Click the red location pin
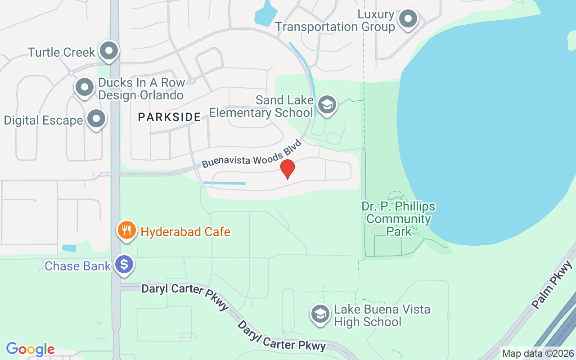pos(287,169)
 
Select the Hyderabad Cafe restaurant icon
pos(127,230)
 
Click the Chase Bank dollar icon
pos(124,264)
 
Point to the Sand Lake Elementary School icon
pos(327,105)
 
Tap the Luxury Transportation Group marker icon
pos(408,19)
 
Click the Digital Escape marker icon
pos(96,119)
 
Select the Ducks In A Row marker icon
pos(84,87)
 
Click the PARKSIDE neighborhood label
pos(169,117)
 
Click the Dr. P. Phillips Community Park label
pos(398,219)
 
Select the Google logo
pos(30,349)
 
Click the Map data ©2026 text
pos(538,354)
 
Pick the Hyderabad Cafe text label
pos(185,232)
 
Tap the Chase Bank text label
pos(77,266)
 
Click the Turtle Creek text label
pos(61,52)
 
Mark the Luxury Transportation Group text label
pos(335,21)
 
